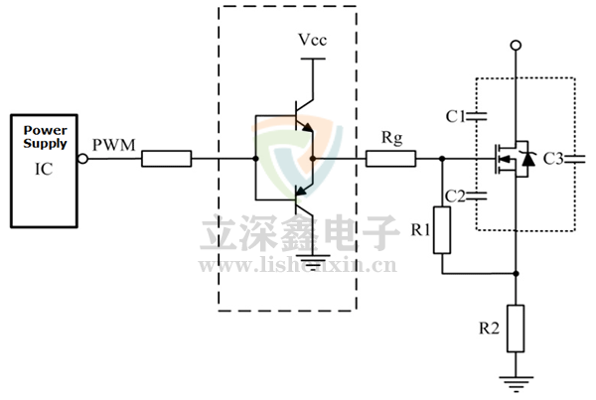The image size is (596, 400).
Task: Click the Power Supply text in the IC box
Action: click(46, 137)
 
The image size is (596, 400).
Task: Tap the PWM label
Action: click(110, 146)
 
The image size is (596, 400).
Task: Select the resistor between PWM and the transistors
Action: click(167, 158)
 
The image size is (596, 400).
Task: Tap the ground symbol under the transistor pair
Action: click(314, 262)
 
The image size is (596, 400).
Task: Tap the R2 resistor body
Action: click(516, 328)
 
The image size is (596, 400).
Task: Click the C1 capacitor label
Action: click(456, 116)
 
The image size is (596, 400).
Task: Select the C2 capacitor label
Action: click(456, 195)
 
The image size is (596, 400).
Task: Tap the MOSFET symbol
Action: click(513, 158)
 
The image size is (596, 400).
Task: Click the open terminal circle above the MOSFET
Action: click(516, 46)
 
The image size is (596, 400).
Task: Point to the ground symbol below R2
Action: click(516, 381)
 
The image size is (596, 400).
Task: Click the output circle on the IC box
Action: click(81, 158)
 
